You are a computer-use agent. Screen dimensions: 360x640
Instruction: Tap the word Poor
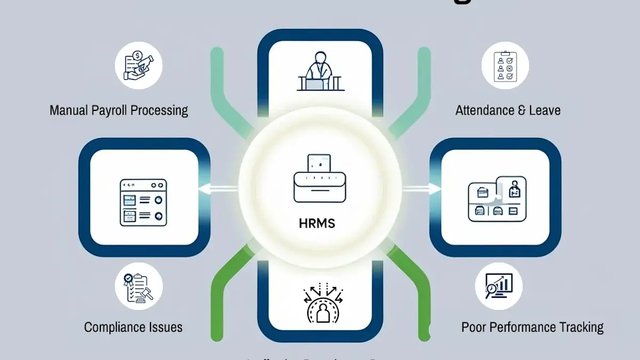(474, 326)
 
